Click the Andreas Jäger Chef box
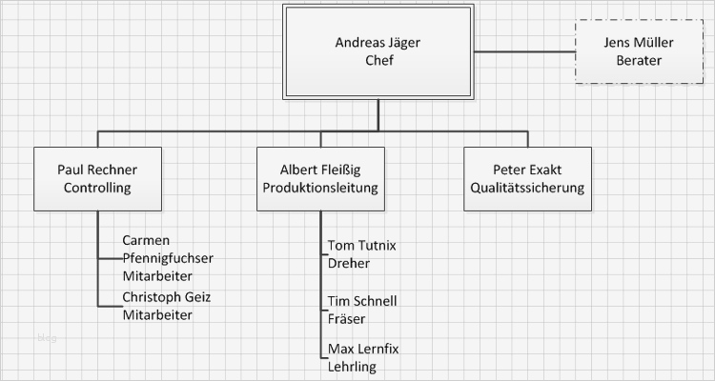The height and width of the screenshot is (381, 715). click(378, 51)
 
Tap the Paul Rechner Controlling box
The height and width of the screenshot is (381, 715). click(96, 178)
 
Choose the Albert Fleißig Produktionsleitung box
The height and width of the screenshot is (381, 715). click(320, 178)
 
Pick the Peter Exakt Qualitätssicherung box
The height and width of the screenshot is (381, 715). click(527, 178)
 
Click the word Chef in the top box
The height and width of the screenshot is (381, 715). click(378, 61)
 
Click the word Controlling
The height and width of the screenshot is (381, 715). click(96, 188)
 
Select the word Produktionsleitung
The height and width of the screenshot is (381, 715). click(320, 188)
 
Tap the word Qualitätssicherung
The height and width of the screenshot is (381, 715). click(527, 188)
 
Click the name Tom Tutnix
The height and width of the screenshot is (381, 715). click(361, 245)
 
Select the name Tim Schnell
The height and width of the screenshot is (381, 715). click(361, 301)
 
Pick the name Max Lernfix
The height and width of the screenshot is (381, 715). click(362, 349)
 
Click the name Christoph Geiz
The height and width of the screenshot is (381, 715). click(167, 297)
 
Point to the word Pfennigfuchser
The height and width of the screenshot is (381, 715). click(168, 257)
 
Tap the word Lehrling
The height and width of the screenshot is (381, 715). click(352, 367)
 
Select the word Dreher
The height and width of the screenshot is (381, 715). click(348, 263)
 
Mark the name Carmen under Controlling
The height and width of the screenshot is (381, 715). click(147, 240)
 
